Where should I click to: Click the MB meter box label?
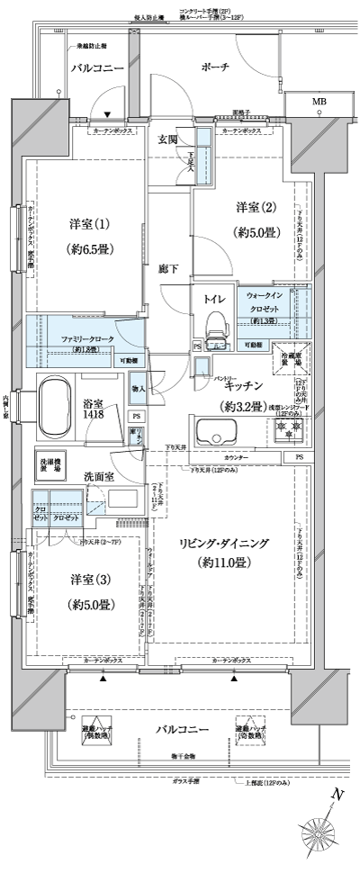(x=319, y=102)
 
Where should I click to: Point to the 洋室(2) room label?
(x=255, y=208)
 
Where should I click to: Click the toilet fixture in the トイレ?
(x=213, y=325)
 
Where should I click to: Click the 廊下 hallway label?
(x=167, y=267)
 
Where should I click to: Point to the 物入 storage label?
(x=137, y=364)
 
